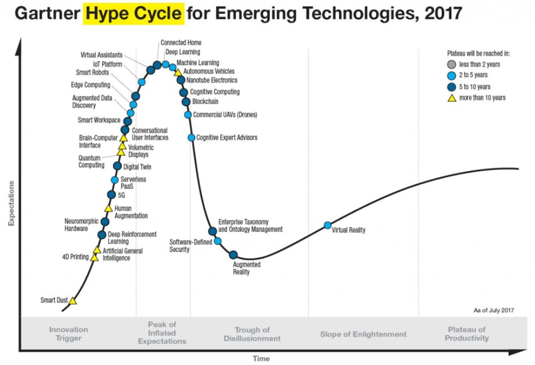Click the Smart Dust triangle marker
point(73,301)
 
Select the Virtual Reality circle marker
point(327,225)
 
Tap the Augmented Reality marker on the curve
point(233,255)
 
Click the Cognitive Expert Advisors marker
point(192,138)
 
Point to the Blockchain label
point(205,101)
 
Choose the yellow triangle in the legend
point(451,98)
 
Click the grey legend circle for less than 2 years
point(451,65)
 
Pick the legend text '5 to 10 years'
point(475,87)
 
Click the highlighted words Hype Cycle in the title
point(133,13)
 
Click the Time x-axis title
point(261,359)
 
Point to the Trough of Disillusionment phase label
point(252,334)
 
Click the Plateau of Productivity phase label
point(467,334)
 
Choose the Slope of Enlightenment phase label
point(363,334)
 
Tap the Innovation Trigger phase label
point(69,334)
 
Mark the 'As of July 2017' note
point(494,310)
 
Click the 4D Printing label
point(75,257)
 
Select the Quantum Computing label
point(92,161)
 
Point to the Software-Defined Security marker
point(218,241)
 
